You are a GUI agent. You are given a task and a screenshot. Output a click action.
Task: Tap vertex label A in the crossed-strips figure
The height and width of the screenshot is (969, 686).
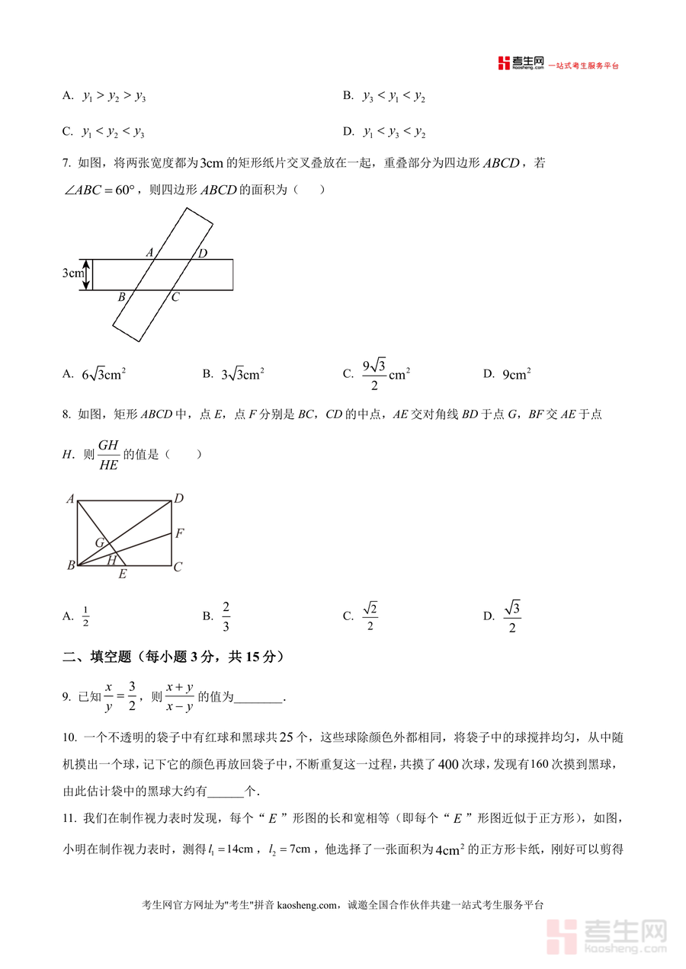coord(149,252)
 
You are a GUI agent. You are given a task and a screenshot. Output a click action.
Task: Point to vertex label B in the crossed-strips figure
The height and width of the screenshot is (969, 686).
coord(121,297)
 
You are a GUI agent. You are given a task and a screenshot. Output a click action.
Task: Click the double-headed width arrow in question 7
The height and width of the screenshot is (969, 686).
coord(86,274)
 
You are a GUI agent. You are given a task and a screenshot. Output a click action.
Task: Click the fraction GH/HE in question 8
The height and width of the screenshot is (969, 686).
coord(108,455)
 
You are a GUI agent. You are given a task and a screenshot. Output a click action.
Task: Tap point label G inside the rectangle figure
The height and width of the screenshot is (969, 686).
coord(99,542)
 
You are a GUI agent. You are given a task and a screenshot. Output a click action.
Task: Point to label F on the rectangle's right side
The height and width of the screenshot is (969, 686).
coord(179,533)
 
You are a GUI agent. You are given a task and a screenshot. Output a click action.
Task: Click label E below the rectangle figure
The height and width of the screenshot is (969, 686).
coord(122,574)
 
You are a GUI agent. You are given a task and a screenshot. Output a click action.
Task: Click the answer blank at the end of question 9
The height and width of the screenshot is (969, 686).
coord(259,697)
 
